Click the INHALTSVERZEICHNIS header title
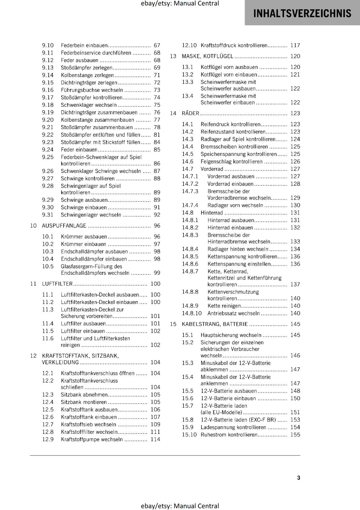302,13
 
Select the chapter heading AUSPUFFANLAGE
64,226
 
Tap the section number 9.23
48,142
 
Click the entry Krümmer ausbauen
84,237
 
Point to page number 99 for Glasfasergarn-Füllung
157,273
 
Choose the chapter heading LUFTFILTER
57,284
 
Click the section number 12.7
48,424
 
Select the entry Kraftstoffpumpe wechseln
92,439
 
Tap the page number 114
155,439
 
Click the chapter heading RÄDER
190,113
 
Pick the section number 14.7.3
190,191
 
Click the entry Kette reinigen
224,306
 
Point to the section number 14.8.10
192,313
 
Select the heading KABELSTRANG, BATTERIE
215,324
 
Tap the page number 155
295,434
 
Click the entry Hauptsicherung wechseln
231,335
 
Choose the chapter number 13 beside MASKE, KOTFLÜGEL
173,56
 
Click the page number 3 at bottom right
299,477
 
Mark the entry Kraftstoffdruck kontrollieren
234,45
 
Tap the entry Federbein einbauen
84,45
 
